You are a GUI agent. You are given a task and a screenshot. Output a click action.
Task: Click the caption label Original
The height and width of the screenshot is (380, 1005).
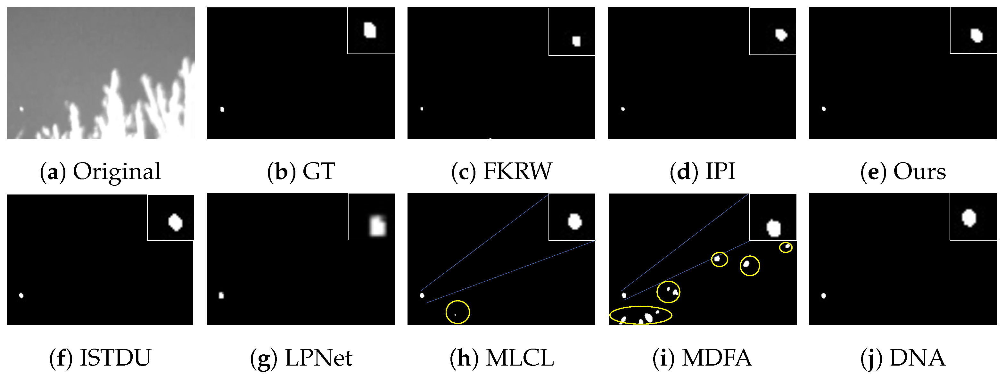[x=117, y=172]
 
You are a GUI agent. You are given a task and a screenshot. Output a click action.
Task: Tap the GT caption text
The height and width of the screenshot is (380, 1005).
[x=319, y=172]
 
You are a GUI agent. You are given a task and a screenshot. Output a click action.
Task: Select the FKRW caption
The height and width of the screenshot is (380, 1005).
[x=517, y=172]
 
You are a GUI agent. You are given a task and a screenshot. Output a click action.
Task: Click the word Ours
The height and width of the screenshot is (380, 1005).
[x=919, y=172]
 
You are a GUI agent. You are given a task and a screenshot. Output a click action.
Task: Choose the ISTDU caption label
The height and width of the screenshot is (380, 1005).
[x=115, y=358]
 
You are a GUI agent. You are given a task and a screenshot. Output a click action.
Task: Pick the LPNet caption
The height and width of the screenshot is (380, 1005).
[x=319, y=358]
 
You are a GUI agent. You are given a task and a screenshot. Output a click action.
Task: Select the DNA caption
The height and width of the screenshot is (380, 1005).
[x=917, y=358]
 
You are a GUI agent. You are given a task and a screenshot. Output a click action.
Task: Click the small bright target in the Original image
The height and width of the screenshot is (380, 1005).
[x=21, y=109]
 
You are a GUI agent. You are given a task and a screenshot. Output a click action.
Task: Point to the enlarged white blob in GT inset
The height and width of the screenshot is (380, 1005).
[x=370, y=30]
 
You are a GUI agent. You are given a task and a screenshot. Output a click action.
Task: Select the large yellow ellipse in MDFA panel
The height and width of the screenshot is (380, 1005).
[x=641, y=315]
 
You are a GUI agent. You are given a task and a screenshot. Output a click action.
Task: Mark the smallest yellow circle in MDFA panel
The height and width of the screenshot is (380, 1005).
[x=786, y=247]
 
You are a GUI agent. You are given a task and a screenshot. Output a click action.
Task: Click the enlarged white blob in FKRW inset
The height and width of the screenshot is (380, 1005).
[x=576, y=41]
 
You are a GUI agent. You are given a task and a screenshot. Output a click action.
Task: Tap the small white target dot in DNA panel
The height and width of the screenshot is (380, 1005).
[x=824, y=296]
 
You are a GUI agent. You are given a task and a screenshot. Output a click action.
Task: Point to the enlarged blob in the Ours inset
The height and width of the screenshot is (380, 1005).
[x=976, y=36]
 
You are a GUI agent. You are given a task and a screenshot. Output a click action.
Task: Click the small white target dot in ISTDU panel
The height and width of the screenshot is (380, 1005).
[x=21, y=295]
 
